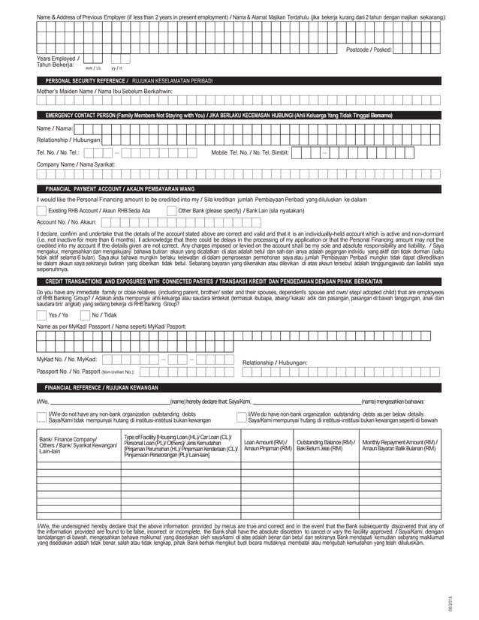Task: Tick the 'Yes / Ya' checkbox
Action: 41,315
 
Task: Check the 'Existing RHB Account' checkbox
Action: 41,211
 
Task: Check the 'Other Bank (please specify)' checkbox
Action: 171,211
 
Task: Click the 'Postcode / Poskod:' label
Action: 369,50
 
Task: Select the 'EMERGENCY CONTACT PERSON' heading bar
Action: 218,115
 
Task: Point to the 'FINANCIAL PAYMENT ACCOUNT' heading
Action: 120,188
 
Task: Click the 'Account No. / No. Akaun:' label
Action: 67,222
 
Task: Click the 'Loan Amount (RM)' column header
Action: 267,445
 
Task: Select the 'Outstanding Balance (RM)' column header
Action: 325,445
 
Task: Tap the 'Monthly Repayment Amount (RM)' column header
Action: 399,445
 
